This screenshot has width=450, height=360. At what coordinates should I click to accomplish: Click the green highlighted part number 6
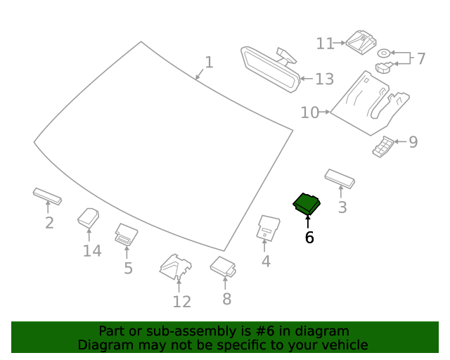click(307, 204)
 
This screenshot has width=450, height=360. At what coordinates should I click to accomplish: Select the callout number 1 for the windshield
click(208, 63)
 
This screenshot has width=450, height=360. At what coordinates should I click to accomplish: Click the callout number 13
click(324, 79)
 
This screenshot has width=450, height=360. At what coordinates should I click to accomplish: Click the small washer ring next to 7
click(384, 53)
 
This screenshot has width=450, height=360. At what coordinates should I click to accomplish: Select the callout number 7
click(420, 59)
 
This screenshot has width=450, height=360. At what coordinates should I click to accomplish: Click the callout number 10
click(309, 112)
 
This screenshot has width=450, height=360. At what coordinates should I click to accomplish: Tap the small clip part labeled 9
click(383, 147)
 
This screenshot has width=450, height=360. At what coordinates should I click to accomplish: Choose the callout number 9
click(413, 142)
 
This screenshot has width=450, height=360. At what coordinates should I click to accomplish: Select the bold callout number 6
click(309, 238)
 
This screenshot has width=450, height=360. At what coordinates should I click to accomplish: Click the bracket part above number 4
click(267, 226)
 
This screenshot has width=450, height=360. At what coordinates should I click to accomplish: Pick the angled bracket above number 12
click(176, 266)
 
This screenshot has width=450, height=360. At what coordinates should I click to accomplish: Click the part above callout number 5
click(126, 234)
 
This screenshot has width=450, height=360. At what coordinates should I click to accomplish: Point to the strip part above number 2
click(47, 195)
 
